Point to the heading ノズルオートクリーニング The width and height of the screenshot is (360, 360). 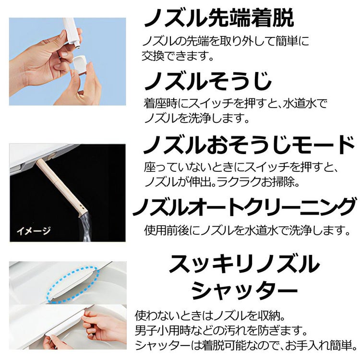245,207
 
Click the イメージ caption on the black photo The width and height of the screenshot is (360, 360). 34,231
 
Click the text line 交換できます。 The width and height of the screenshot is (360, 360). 177,56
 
